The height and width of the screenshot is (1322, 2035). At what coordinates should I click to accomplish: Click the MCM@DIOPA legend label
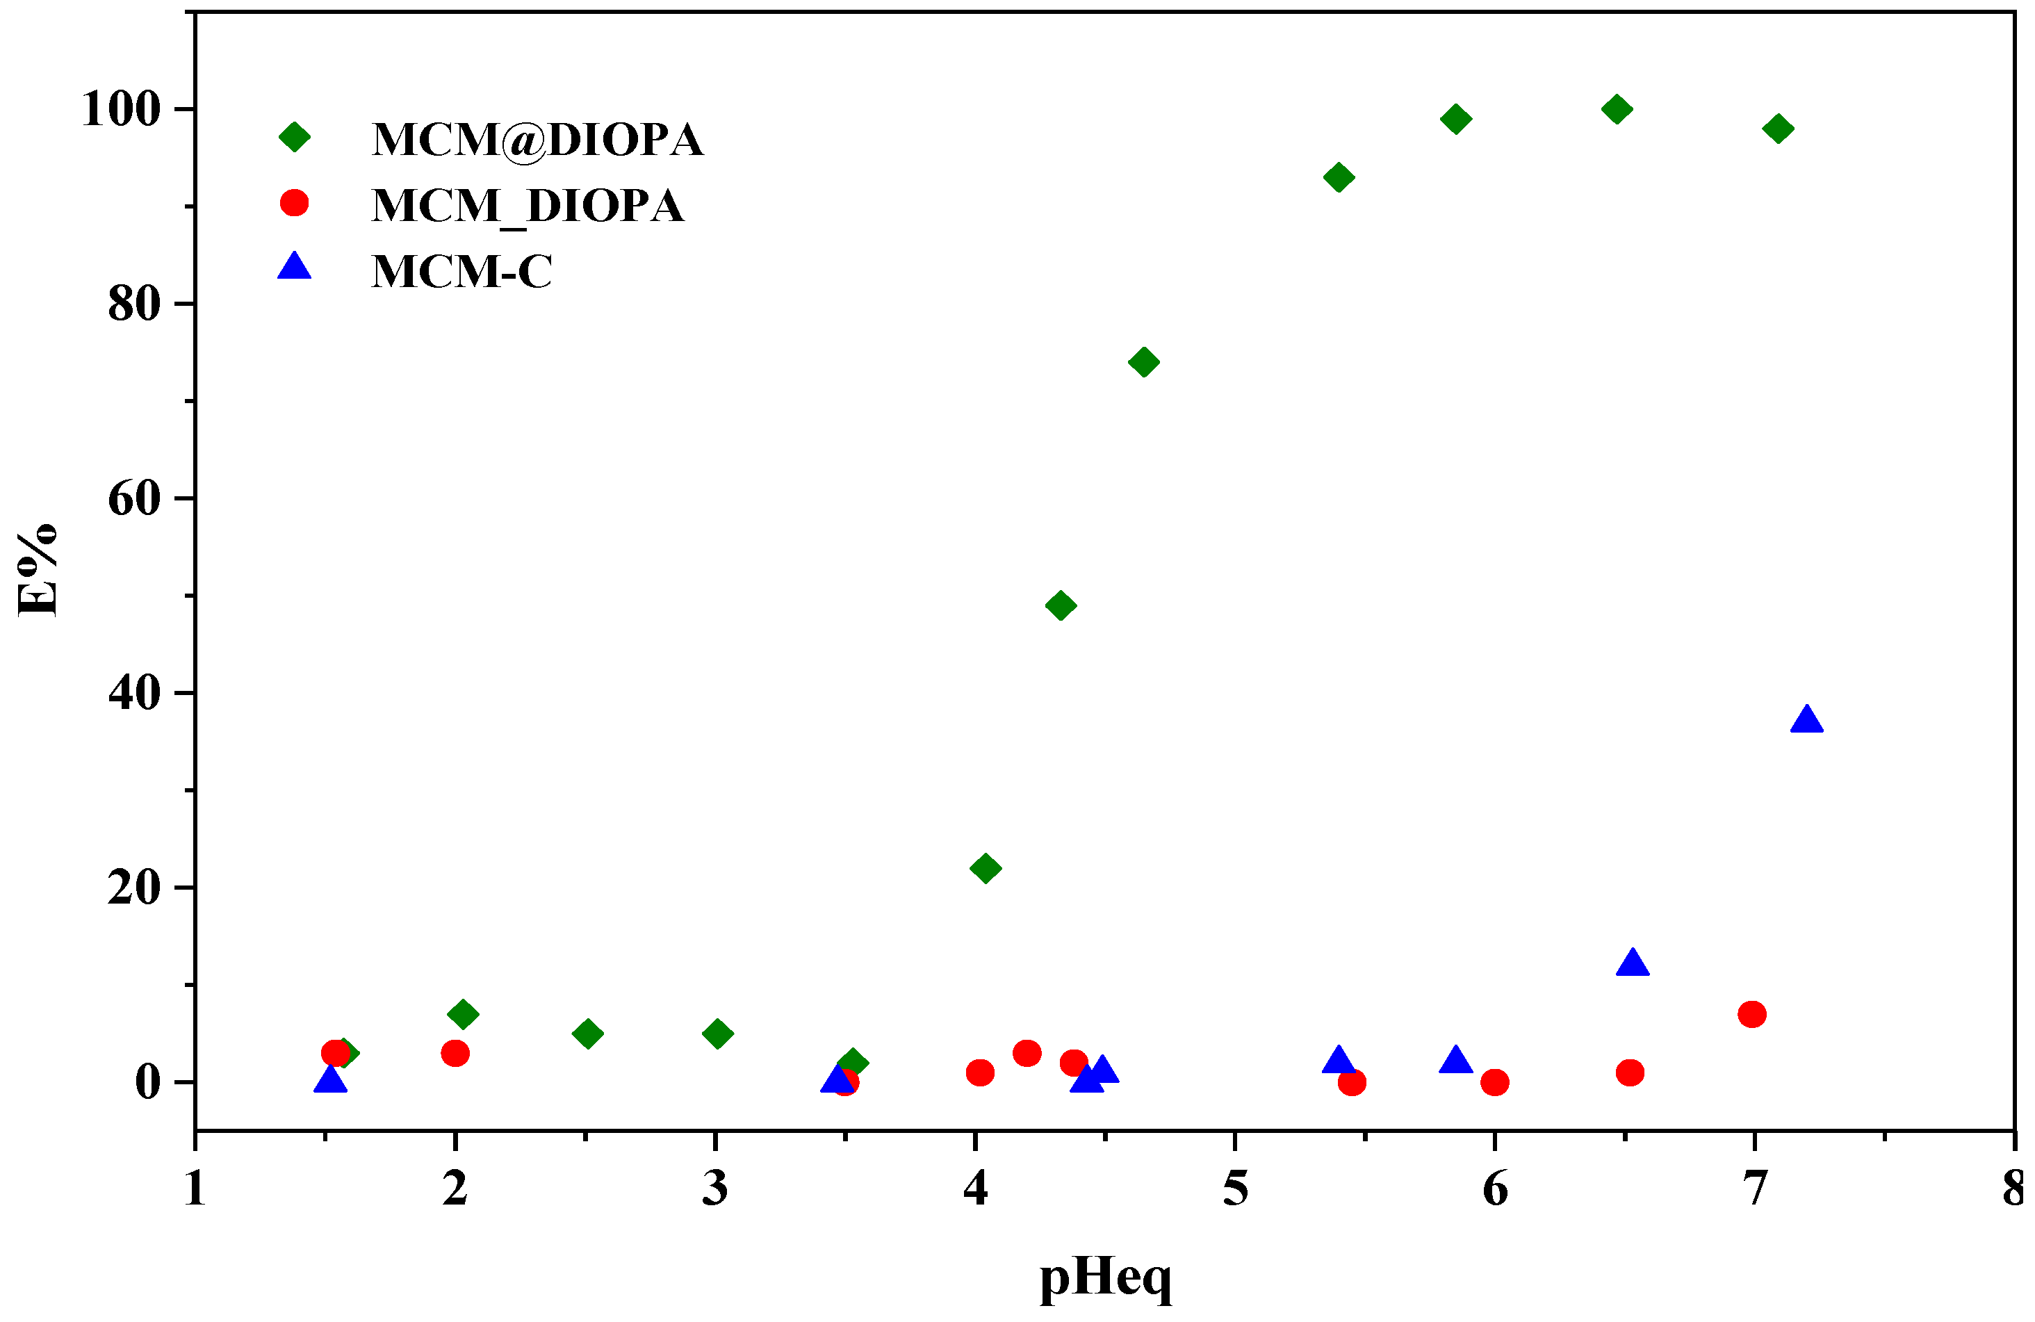(x=537, y=140)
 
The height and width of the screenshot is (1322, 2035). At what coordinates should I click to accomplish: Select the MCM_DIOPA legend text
(x=528, y=205)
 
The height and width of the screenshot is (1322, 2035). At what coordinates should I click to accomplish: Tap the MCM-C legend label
(x=461, y=271)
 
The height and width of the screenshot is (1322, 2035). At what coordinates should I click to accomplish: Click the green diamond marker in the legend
(x=294, y=137)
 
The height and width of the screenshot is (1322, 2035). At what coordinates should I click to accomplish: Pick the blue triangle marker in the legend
(x=294, y=267)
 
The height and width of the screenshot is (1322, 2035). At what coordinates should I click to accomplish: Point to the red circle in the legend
(x=294, y=203)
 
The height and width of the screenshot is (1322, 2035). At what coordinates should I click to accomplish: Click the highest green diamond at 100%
(x=1616, y=109)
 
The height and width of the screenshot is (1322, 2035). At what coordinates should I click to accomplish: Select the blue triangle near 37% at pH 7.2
(x=1806, y=721)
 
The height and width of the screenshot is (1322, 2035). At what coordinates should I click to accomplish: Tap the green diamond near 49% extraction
(x=1061, y=605)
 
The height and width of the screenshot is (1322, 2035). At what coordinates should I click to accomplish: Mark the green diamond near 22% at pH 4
(x=985, y=868)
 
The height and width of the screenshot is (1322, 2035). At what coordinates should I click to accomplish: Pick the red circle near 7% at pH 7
(x=1751, y=1014)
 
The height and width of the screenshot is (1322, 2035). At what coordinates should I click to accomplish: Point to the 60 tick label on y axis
(x=134, y=498)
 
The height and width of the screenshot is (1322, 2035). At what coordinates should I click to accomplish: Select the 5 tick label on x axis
(x=1234, y=1189)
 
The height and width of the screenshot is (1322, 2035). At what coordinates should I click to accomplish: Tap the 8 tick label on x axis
(x=2013, y=1189)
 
